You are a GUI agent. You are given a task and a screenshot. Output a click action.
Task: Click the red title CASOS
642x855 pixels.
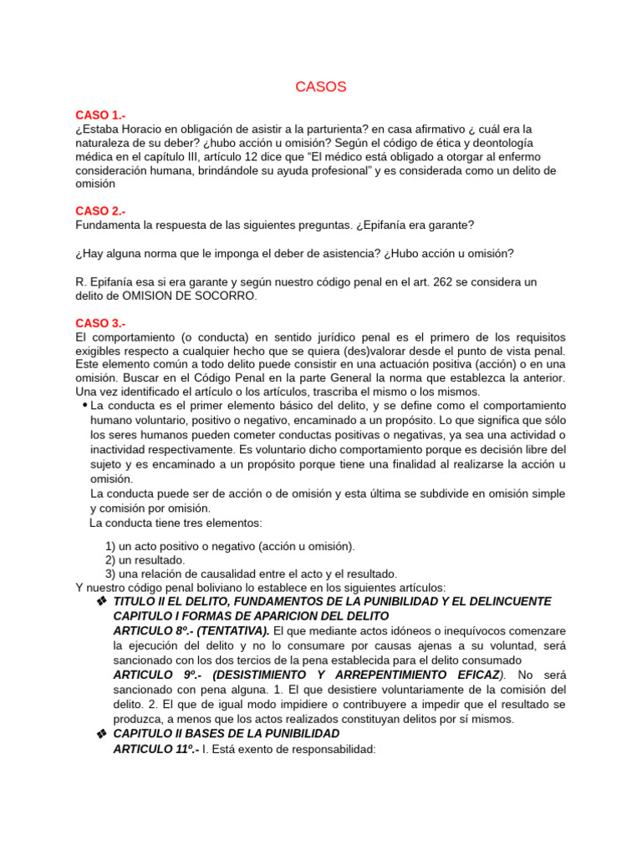(x=321, y=88)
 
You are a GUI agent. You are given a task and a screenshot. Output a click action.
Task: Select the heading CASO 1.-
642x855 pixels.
(x=100, y=115)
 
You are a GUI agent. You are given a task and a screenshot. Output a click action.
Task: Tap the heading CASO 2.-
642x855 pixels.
(x=100, y=211)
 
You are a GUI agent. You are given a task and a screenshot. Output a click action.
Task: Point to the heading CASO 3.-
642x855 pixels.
(x=100, y=323)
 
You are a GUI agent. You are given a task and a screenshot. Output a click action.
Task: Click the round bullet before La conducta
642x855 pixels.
(x=84, y=406)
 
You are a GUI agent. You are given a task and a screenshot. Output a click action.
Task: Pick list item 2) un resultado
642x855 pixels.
(x=145, y=559)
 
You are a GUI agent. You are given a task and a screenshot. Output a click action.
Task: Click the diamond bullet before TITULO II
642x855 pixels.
(x=101, y=602)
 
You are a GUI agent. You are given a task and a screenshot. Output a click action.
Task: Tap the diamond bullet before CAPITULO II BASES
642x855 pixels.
(x=101, y=734)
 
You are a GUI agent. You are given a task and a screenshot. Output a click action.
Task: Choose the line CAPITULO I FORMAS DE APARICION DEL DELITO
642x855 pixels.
(x=251, y=615)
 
